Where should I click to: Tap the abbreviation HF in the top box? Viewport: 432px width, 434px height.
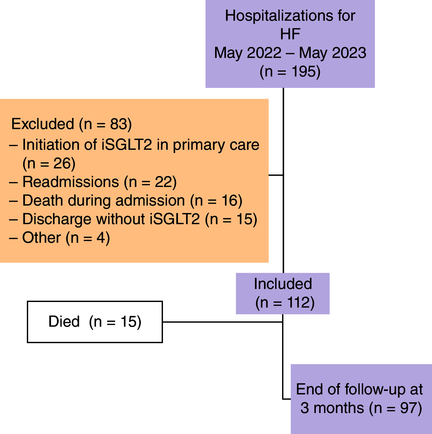(290, 34)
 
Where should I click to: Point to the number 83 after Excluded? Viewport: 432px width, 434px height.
(118, 124)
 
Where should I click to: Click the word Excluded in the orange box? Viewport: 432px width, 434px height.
(43, 124)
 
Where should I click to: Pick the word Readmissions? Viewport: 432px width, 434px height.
(70, 182)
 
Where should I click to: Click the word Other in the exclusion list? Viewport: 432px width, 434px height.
(41, 238)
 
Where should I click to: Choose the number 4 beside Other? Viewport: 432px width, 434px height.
(101, 238)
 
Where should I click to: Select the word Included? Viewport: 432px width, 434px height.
(283, 284)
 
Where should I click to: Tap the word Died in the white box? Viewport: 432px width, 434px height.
(64, 322)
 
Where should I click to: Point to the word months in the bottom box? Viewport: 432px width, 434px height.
(338, 408)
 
